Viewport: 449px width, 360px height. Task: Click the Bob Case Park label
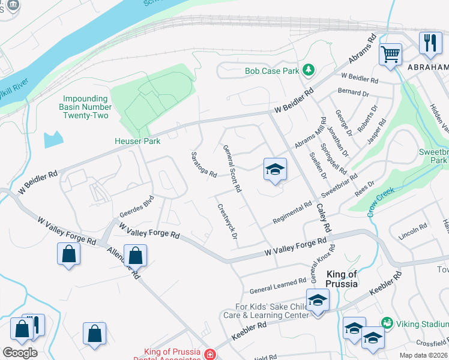[271, 71]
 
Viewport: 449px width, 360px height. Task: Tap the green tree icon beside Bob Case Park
[309, 70]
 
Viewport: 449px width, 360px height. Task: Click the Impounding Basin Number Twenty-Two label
[86, 107]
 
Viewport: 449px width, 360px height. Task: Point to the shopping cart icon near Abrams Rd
[390, 55]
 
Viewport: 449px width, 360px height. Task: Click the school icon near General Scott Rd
[274, 170]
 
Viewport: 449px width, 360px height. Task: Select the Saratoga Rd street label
[203, 164]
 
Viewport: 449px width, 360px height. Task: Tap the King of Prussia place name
[342, 278]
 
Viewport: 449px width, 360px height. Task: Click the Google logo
[20, 353]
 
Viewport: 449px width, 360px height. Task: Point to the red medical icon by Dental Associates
[209, 355]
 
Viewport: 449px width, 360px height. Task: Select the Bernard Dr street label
[353, 92]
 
